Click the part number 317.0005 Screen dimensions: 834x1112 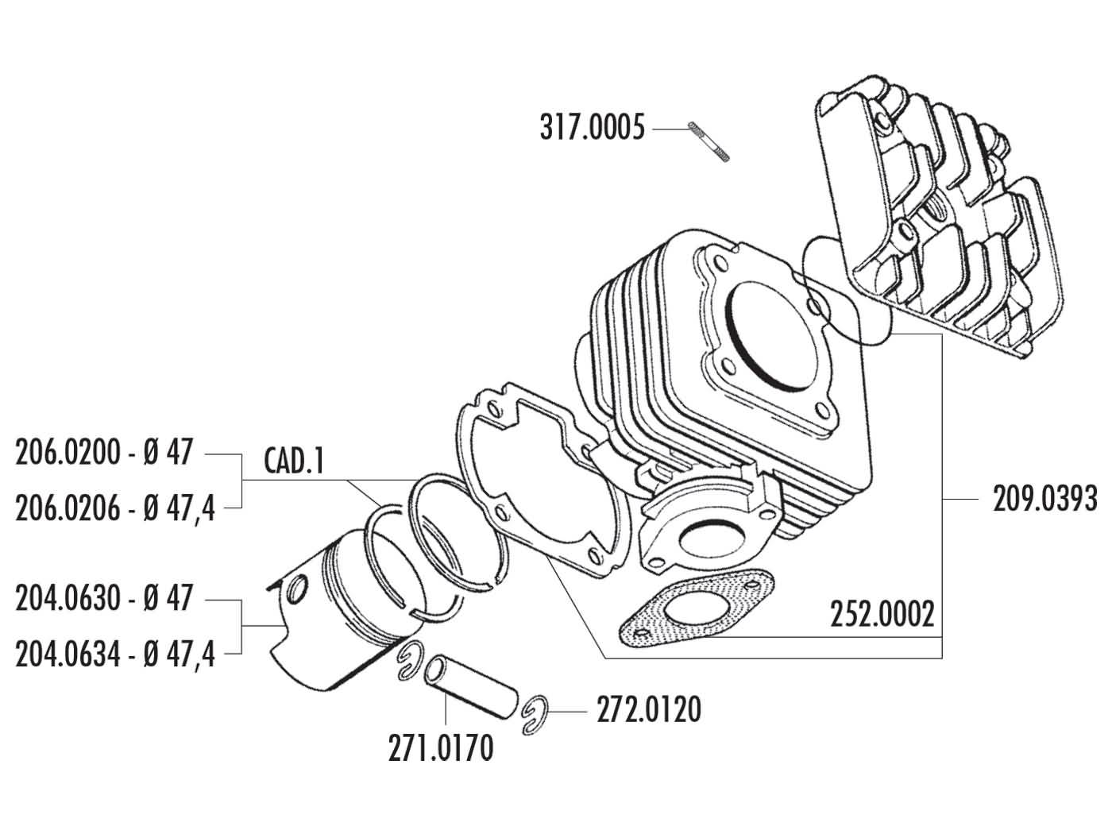click(592, 128)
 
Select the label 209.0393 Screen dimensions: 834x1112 click(1044, 500)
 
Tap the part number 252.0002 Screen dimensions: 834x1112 click(882, 614)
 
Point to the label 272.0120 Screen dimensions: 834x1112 click(649, 709)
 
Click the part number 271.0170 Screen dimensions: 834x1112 click(441, 747)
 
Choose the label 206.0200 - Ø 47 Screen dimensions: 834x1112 click(104, 454)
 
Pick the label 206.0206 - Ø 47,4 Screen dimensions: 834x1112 click(115, 507)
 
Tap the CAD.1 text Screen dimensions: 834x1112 click(293, 462)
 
